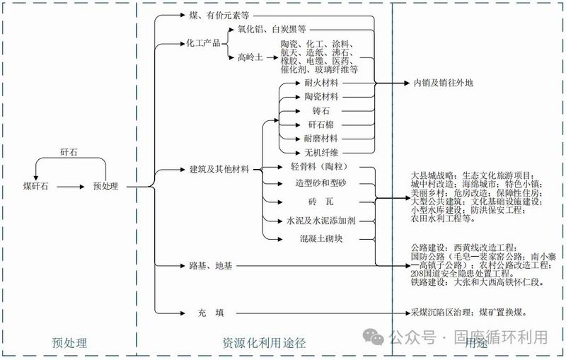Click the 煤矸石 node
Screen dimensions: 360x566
coord(35,187)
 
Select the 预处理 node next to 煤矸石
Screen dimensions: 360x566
coord(105,187)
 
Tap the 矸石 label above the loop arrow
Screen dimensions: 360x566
coord(69,153)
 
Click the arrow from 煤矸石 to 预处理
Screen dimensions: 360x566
coord(70,187)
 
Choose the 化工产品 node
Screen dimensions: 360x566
coord(203,43)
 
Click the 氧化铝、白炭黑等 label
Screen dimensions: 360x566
coord(272,30)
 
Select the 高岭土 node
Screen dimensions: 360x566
coord(250,58)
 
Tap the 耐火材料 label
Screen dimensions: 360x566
coord(321,83)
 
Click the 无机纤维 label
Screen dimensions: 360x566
coord(321,152)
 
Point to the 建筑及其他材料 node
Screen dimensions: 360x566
coord(219,170)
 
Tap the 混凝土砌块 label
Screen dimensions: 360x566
coord(321,238)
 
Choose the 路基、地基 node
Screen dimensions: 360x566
coord(210,266)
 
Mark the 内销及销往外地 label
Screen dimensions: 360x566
coord(443,83)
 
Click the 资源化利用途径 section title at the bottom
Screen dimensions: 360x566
coord(264,343)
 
